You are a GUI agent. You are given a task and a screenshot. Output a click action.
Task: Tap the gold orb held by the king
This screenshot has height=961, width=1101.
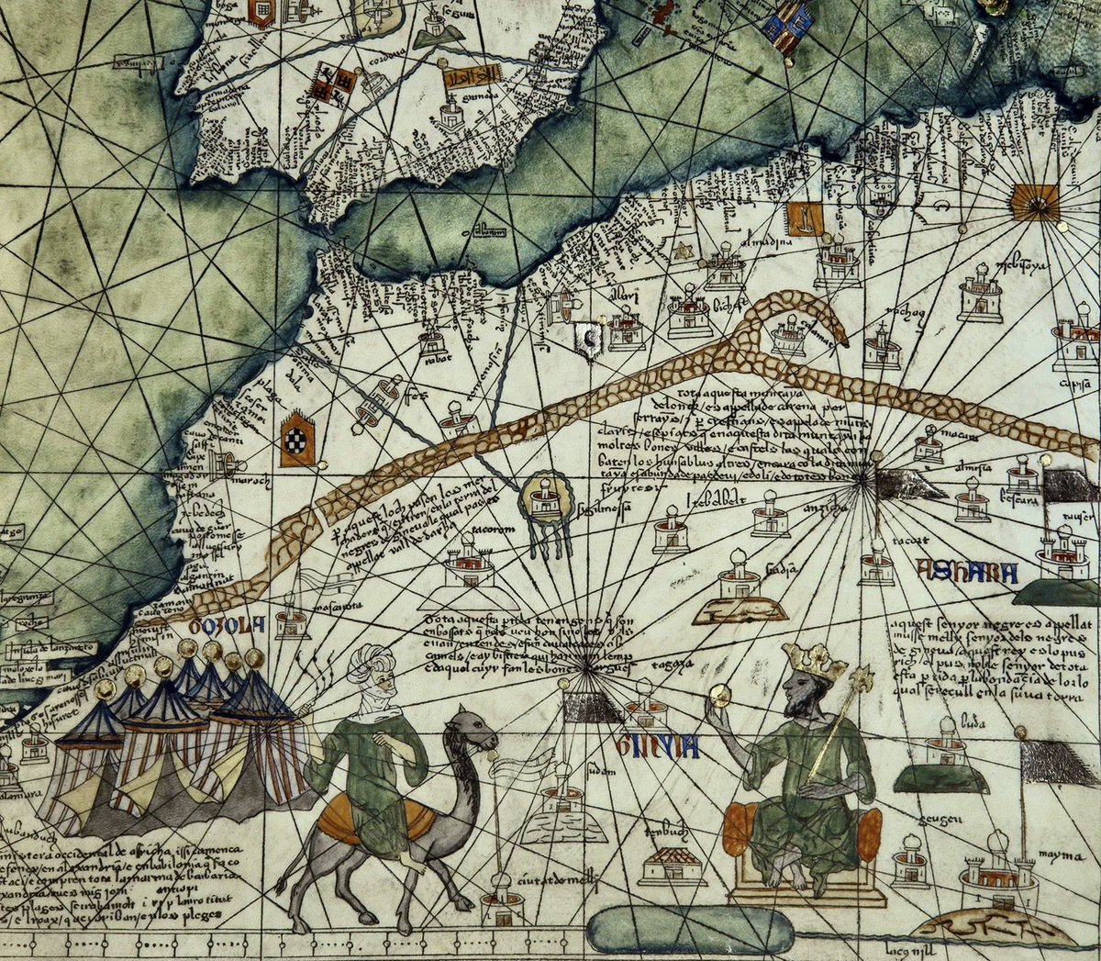[720, 697]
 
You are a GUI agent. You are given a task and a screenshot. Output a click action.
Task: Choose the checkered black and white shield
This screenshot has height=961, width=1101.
[297, 440]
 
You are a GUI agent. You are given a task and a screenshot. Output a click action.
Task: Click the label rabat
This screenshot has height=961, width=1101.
[434, 362]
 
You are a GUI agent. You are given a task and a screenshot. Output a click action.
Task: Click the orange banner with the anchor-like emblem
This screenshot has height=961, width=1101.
[805, 218]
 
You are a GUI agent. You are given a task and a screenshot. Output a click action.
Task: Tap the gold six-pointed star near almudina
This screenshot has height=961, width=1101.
[683, 250]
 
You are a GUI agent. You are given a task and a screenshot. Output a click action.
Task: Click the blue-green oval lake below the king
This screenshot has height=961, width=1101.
[690, 930]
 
